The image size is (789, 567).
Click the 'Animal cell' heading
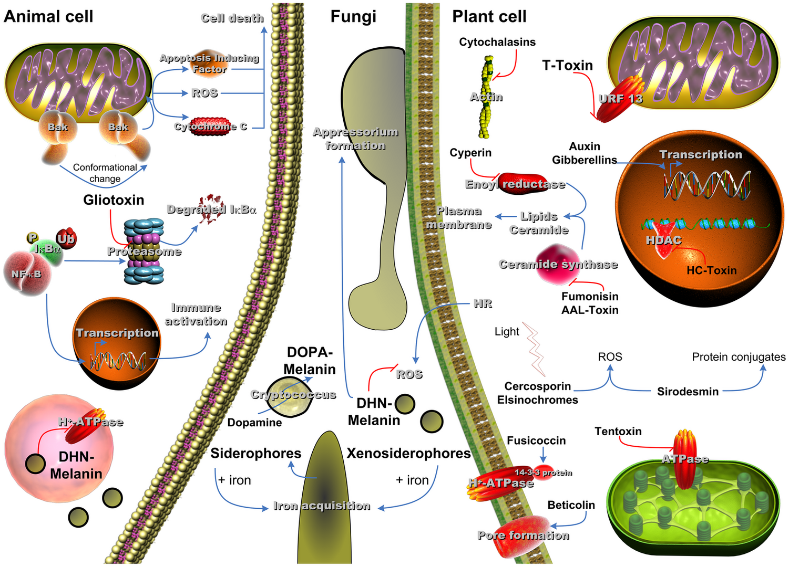point(48,16)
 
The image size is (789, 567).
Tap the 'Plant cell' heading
point(489,16)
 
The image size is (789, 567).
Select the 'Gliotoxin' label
point(114,200)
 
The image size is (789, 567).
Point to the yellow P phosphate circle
point(33,238)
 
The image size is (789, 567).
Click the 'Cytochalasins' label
point(497,42)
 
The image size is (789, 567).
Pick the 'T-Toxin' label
point(567,66)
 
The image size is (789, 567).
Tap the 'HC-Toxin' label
point(711,270)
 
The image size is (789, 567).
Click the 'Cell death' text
point(232,18)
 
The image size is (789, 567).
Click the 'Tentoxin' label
point(618,432)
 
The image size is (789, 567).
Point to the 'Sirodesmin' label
point(688,392)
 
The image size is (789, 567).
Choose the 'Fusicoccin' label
point(536,440)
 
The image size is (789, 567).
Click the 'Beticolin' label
point(571,505)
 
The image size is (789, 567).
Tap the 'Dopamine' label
point(254,423)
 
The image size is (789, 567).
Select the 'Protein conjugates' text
point(739,357)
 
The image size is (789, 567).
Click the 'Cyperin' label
point(470,153)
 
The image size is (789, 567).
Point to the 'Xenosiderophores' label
point(408,454)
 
